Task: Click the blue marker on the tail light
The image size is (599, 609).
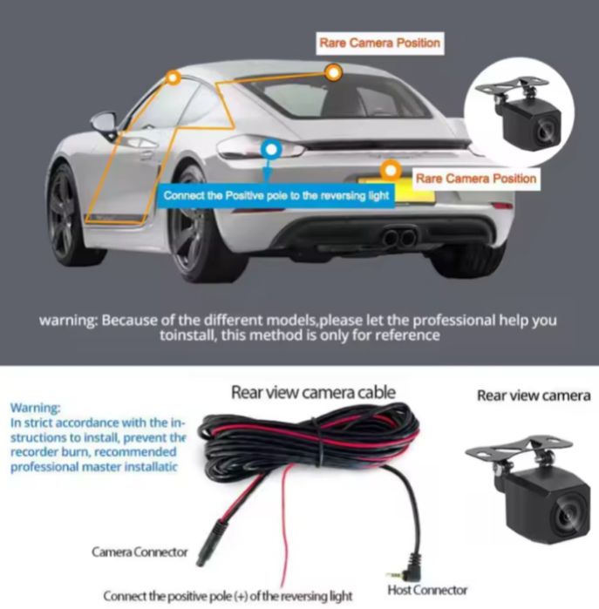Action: tap(271, 150)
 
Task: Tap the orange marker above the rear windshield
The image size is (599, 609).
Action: tap(333, 72)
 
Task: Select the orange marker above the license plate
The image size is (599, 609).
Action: tap(391, 171)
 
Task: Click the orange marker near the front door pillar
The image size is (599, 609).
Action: tap(174, 78)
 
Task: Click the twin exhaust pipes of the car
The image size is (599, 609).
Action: tap(399, 236)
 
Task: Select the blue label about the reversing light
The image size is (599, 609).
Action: tap(276, 195)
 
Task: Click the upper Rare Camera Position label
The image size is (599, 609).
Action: tap(380, 43)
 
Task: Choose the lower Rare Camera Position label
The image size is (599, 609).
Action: tap(476, 179)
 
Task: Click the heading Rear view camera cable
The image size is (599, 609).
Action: tap(313, 392)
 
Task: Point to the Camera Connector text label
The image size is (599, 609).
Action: tap(140, 551)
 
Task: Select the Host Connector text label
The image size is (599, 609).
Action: tap(427, 590)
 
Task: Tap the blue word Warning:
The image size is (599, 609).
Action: tap(36, 408)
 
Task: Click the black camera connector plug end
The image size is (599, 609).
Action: tap(211, 544)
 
